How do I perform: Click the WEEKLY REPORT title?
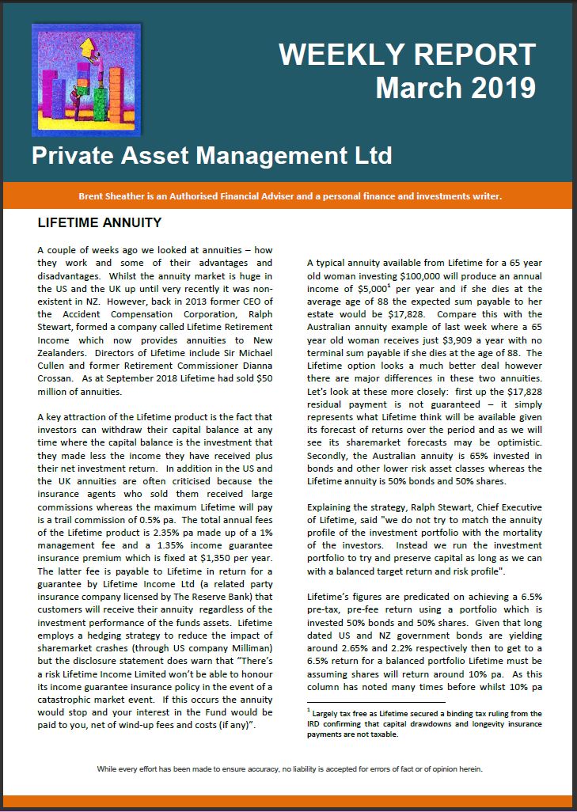click(x=408, y=55)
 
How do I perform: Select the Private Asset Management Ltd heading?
click(x=211, y=155)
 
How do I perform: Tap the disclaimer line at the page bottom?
click(x=289, y=768)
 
